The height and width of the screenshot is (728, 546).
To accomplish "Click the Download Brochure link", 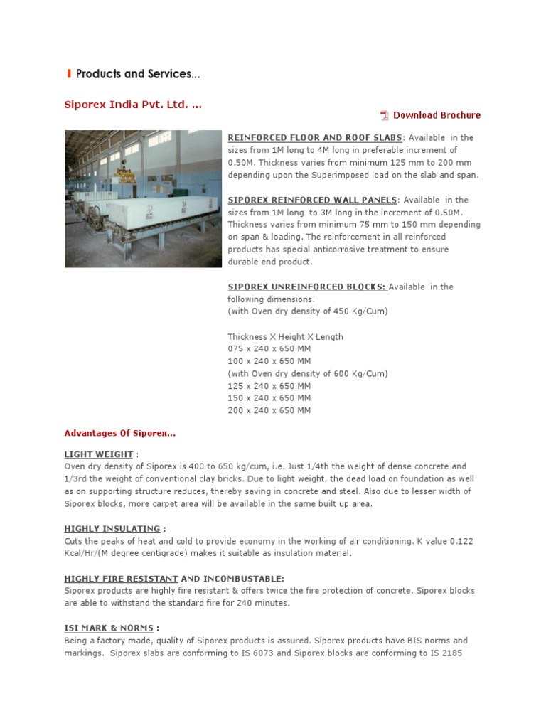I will point(437,115).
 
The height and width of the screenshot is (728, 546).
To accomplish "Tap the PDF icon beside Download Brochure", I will point(385,115).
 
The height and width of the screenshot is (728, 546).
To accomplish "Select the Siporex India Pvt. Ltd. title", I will point(133,105).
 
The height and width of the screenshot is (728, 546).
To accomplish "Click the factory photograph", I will point(143,198).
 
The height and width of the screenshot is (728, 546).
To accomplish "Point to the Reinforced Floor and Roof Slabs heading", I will point(315,137).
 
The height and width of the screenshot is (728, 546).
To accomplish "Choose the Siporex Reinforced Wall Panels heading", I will point(312,200).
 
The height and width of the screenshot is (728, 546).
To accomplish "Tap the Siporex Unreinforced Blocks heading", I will point(306,287).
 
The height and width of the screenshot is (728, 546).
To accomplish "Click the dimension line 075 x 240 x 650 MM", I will point(269,349).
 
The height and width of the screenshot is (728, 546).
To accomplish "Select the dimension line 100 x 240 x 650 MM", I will point(269,361).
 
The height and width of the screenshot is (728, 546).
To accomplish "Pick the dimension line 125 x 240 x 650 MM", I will point(269,386).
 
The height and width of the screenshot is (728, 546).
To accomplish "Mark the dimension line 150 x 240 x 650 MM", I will point(269,398).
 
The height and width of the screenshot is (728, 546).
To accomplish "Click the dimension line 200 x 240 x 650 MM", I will point(269,410).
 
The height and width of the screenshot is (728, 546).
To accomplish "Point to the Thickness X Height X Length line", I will point(285,336).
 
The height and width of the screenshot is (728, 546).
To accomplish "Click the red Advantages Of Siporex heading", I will point(119,433).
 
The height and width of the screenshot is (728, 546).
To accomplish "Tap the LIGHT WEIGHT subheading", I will point(99,454).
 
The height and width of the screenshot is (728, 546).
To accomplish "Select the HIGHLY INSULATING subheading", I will point(112,529).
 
